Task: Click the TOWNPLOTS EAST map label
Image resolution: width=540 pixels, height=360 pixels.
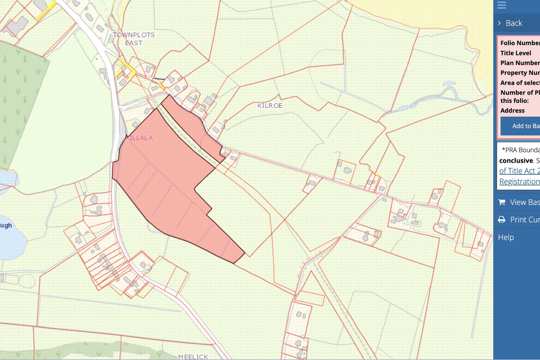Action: (133, 39)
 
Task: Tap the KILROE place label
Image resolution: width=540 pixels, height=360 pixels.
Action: (270, 106)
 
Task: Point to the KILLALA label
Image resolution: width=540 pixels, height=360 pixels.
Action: (139, 138)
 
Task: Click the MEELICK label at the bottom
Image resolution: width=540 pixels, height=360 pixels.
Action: (193, 357)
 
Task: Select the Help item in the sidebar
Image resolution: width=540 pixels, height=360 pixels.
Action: (506, 237)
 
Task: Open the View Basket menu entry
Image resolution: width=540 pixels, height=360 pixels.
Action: (524, 202)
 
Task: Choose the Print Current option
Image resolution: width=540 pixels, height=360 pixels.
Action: (524, 220)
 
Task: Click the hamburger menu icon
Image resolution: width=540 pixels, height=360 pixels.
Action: (501, 5)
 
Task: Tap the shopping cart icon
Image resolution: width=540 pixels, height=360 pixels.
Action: (501, 202)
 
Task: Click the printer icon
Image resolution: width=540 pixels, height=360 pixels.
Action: (501, 220)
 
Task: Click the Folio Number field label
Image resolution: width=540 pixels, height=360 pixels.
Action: (520, 43)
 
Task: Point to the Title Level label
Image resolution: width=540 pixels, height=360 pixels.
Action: (516, 53)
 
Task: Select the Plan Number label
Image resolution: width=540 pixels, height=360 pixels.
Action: (520, 63)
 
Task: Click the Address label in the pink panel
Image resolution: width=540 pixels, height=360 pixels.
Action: (512, 111)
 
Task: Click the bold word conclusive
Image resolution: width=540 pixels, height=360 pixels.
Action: (516, 160)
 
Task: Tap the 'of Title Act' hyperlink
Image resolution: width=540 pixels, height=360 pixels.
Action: (519, 171)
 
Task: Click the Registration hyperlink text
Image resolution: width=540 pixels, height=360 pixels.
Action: (519, 181)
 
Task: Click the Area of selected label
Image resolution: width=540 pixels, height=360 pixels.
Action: (520, 83)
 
